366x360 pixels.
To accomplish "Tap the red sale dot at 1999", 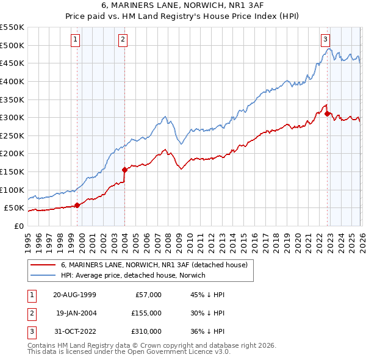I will click(x=77, y=206).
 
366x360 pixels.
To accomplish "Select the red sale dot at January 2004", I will click(x=124, y=170).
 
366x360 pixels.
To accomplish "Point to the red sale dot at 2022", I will click(x=328, y=113).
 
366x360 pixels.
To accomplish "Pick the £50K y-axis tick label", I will click(x=15, y=208).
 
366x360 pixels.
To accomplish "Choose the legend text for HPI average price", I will click(x=134, y=275).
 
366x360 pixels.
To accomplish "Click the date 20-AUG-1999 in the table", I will click(x=74, y=295).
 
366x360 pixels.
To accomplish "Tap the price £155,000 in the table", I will click(x=146, y=313).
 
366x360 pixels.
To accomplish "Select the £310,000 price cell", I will click(x=146, y=331).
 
